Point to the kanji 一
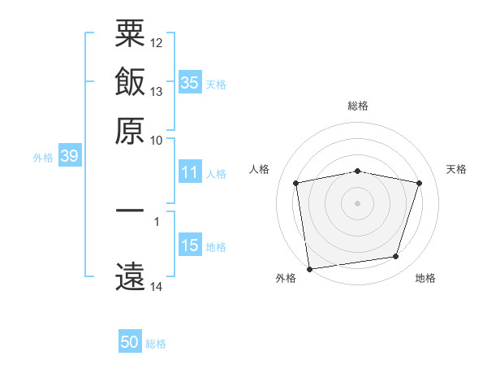tap(130, 211)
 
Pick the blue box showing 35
tap(190, 83)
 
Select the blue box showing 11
tap(190, 172)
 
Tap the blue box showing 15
tap(190, 245)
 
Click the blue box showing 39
tap(69, 157)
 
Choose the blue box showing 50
tap(130, 342)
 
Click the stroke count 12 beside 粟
tap(157, 42)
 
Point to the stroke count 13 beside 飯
tap(157, 91)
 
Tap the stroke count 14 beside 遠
tap(157, 286)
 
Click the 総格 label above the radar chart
tap(358, 106)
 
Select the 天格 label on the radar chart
tap(457, 169)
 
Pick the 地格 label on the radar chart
tap(425, 279)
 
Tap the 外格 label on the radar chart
tap(286, 279)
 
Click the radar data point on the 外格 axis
tap(309, 268)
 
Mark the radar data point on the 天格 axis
tap(420, 184)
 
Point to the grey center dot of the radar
tap(358, 202)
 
